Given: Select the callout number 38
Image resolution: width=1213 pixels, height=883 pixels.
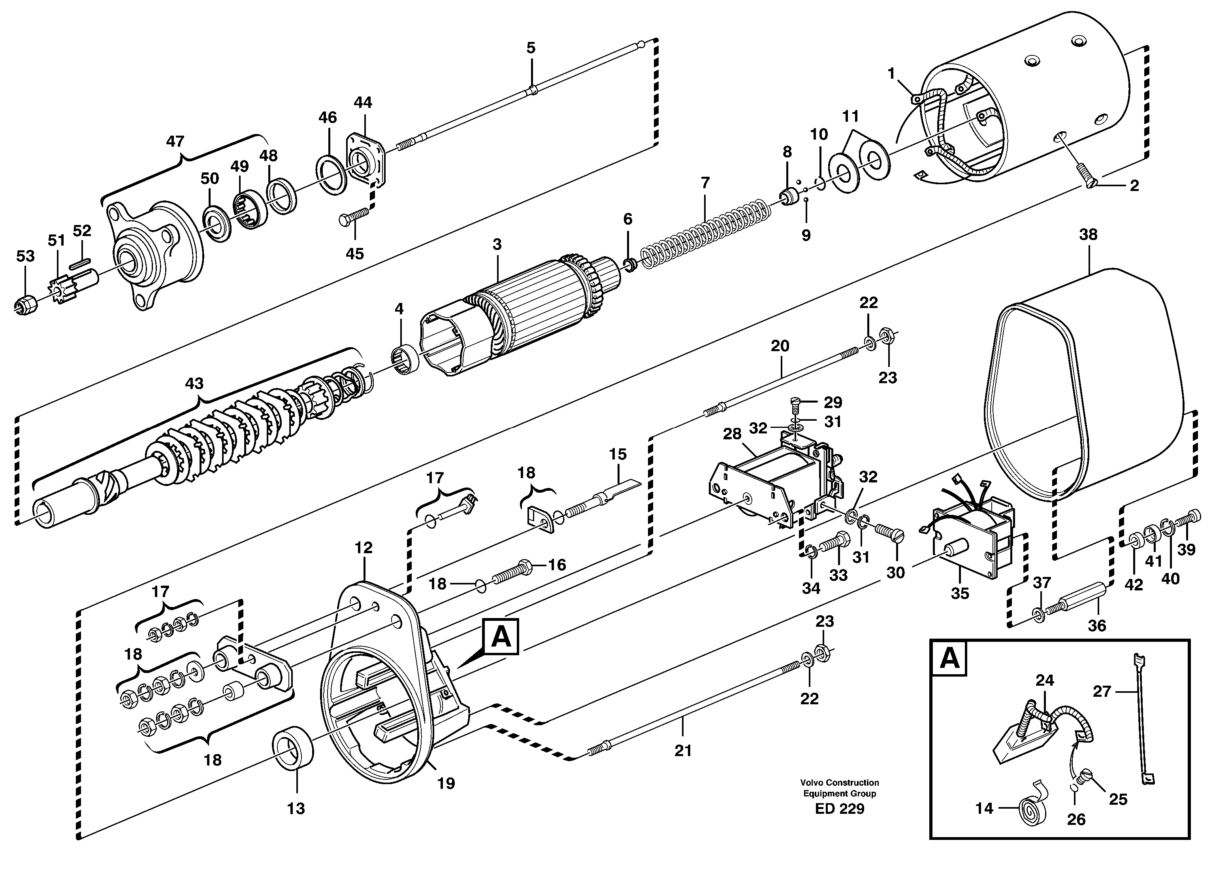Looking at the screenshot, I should click(x=1088, y=235).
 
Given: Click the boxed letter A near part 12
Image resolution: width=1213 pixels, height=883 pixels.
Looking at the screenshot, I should click(x=500, y=637).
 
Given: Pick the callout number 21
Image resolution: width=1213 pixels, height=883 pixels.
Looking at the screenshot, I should click(x=683, y=751).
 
